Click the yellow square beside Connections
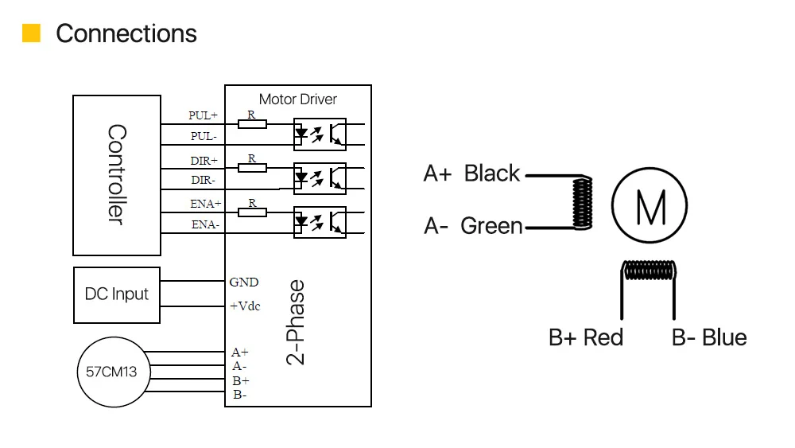click(x=32, y=33)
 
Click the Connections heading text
click(x=126, y=34)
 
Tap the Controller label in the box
click(x=117, y=174)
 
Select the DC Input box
click(x=117, y=295)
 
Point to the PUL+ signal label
click(x=203, y=115)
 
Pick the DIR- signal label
click(x=203, y=180)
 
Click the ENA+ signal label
click(x=205, y=204)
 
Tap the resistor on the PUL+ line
click(x=252, y=124)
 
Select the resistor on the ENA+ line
click(x=252, y=212)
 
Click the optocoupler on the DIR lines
click(x=320, y=178)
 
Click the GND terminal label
click(x=244, y=282)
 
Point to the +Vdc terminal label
click(x=245, y=306)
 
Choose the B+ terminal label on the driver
click(x=241, y=380)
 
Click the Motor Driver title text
click(x=297, y=99)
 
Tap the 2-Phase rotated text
click(x=296, y=322)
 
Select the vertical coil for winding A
click(x=582, y=203)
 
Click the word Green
click(x=491, y=226)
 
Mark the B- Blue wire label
click(x=709, y=337)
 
